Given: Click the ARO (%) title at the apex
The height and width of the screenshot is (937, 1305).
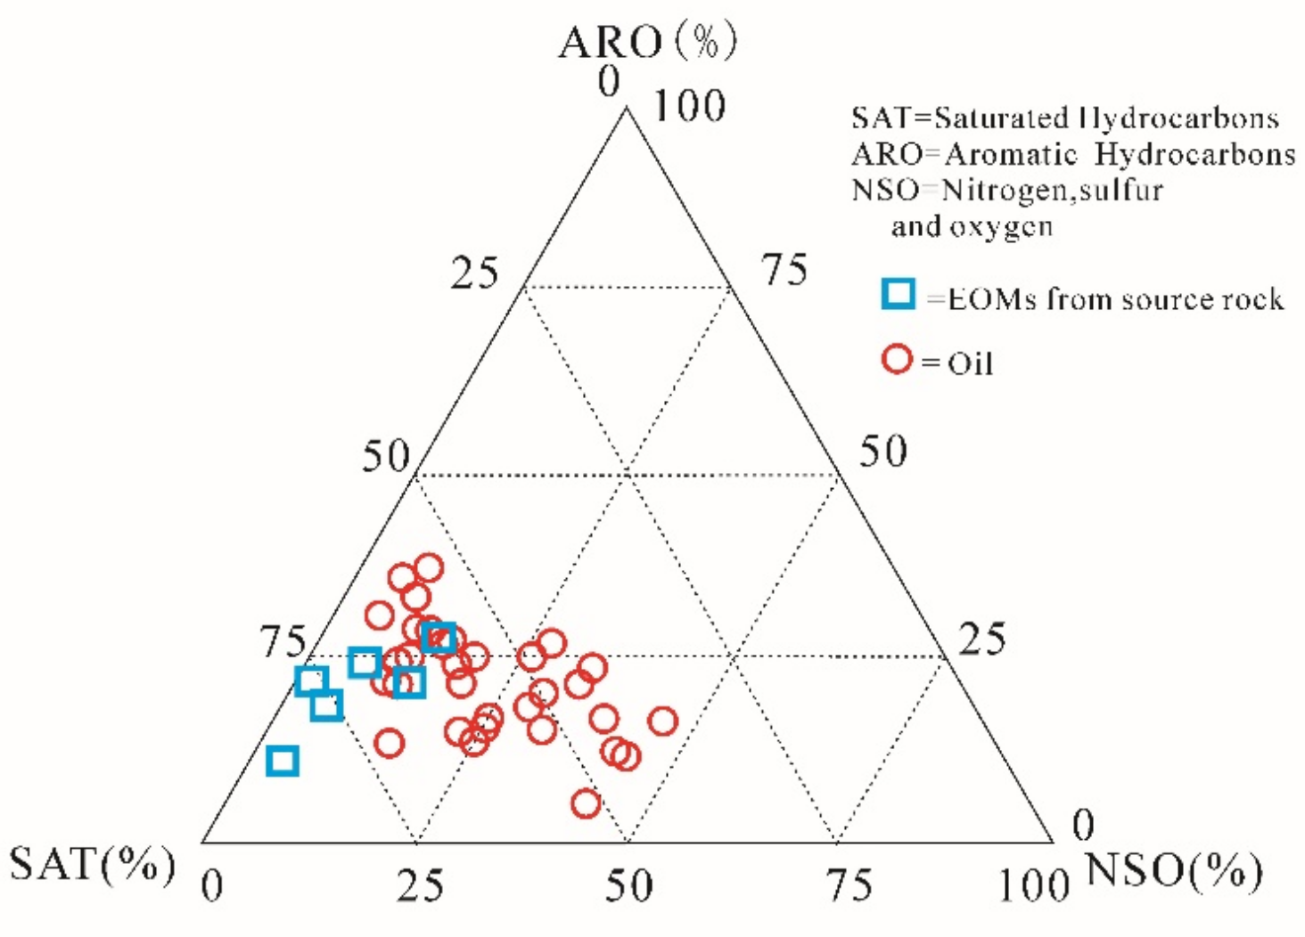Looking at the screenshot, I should click(648, 41).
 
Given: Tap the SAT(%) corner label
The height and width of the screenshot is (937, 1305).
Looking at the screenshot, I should click(92, 864).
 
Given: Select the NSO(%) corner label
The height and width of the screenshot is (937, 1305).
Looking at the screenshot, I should click(1173, 870).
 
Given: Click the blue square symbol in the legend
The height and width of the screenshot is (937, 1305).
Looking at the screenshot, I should click(899, 294).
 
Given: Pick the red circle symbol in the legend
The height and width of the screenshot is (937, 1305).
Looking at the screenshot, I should click(897, 359).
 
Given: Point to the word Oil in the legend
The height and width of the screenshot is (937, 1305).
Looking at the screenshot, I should click(970, 363).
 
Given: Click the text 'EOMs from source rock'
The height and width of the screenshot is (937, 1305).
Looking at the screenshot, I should click(1115, 298).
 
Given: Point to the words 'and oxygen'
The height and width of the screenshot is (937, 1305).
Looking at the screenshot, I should click(972, 226).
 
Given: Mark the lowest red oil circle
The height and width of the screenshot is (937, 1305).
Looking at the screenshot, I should click(586, 803).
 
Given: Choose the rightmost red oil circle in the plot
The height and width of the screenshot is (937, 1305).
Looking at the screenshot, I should click(662, 721).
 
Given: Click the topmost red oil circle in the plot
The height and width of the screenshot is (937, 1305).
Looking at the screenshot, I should click(429, 567).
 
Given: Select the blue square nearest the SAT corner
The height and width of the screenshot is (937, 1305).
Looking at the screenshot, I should click(283, 762).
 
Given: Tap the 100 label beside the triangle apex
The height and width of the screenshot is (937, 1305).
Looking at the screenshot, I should click(689, 107).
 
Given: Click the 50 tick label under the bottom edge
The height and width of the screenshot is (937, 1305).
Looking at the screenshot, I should click(628, 885).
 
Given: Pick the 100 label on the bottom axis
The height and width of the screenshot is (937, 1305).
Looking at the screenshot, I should click(1033, 885).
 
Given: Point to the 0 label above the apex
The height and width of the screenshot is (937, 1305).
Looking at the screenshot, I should click(609, 82).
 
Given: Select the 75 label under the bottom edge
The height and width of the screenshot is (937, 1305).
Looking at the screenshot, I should click(848, 885).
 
